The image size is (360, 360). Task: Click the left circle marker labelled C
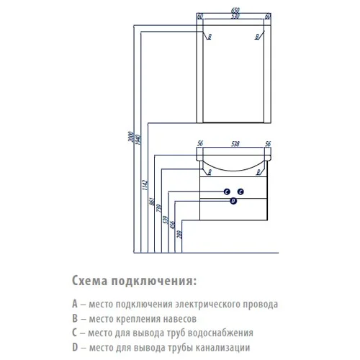(226, 191)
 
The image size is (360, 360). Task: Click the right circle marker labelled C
(241, 191)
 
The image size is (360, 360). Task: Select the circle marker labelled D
(233, 202)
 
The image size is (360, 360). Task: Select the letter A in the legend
(75, 305)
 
